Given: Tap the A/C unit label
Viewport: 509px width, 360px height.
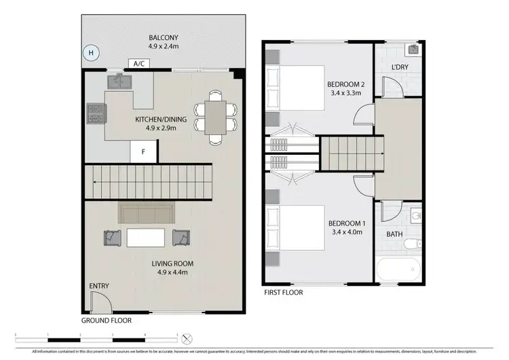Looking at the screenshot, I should [138, 63].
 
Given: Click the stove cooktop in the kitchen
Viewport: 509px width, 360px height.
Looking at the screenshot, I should [95, 113].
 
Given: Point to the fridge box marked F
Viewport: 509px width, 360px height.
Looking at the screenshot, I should [143, 152].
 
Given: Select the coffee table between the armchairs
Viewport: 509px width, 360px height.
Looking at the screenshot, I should [145, 237].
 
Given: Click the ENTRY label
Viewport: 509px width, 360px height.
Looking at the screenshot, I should [98, 287].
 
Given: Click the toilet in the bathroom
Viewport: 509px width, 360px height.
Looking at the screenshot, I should [415, 242].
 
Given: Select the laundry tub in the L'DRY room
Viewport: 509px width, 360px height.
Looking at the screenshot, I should [413, 50].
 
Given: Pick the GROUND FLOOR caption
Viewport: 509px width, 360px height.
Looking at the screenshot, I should [107, 320].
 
